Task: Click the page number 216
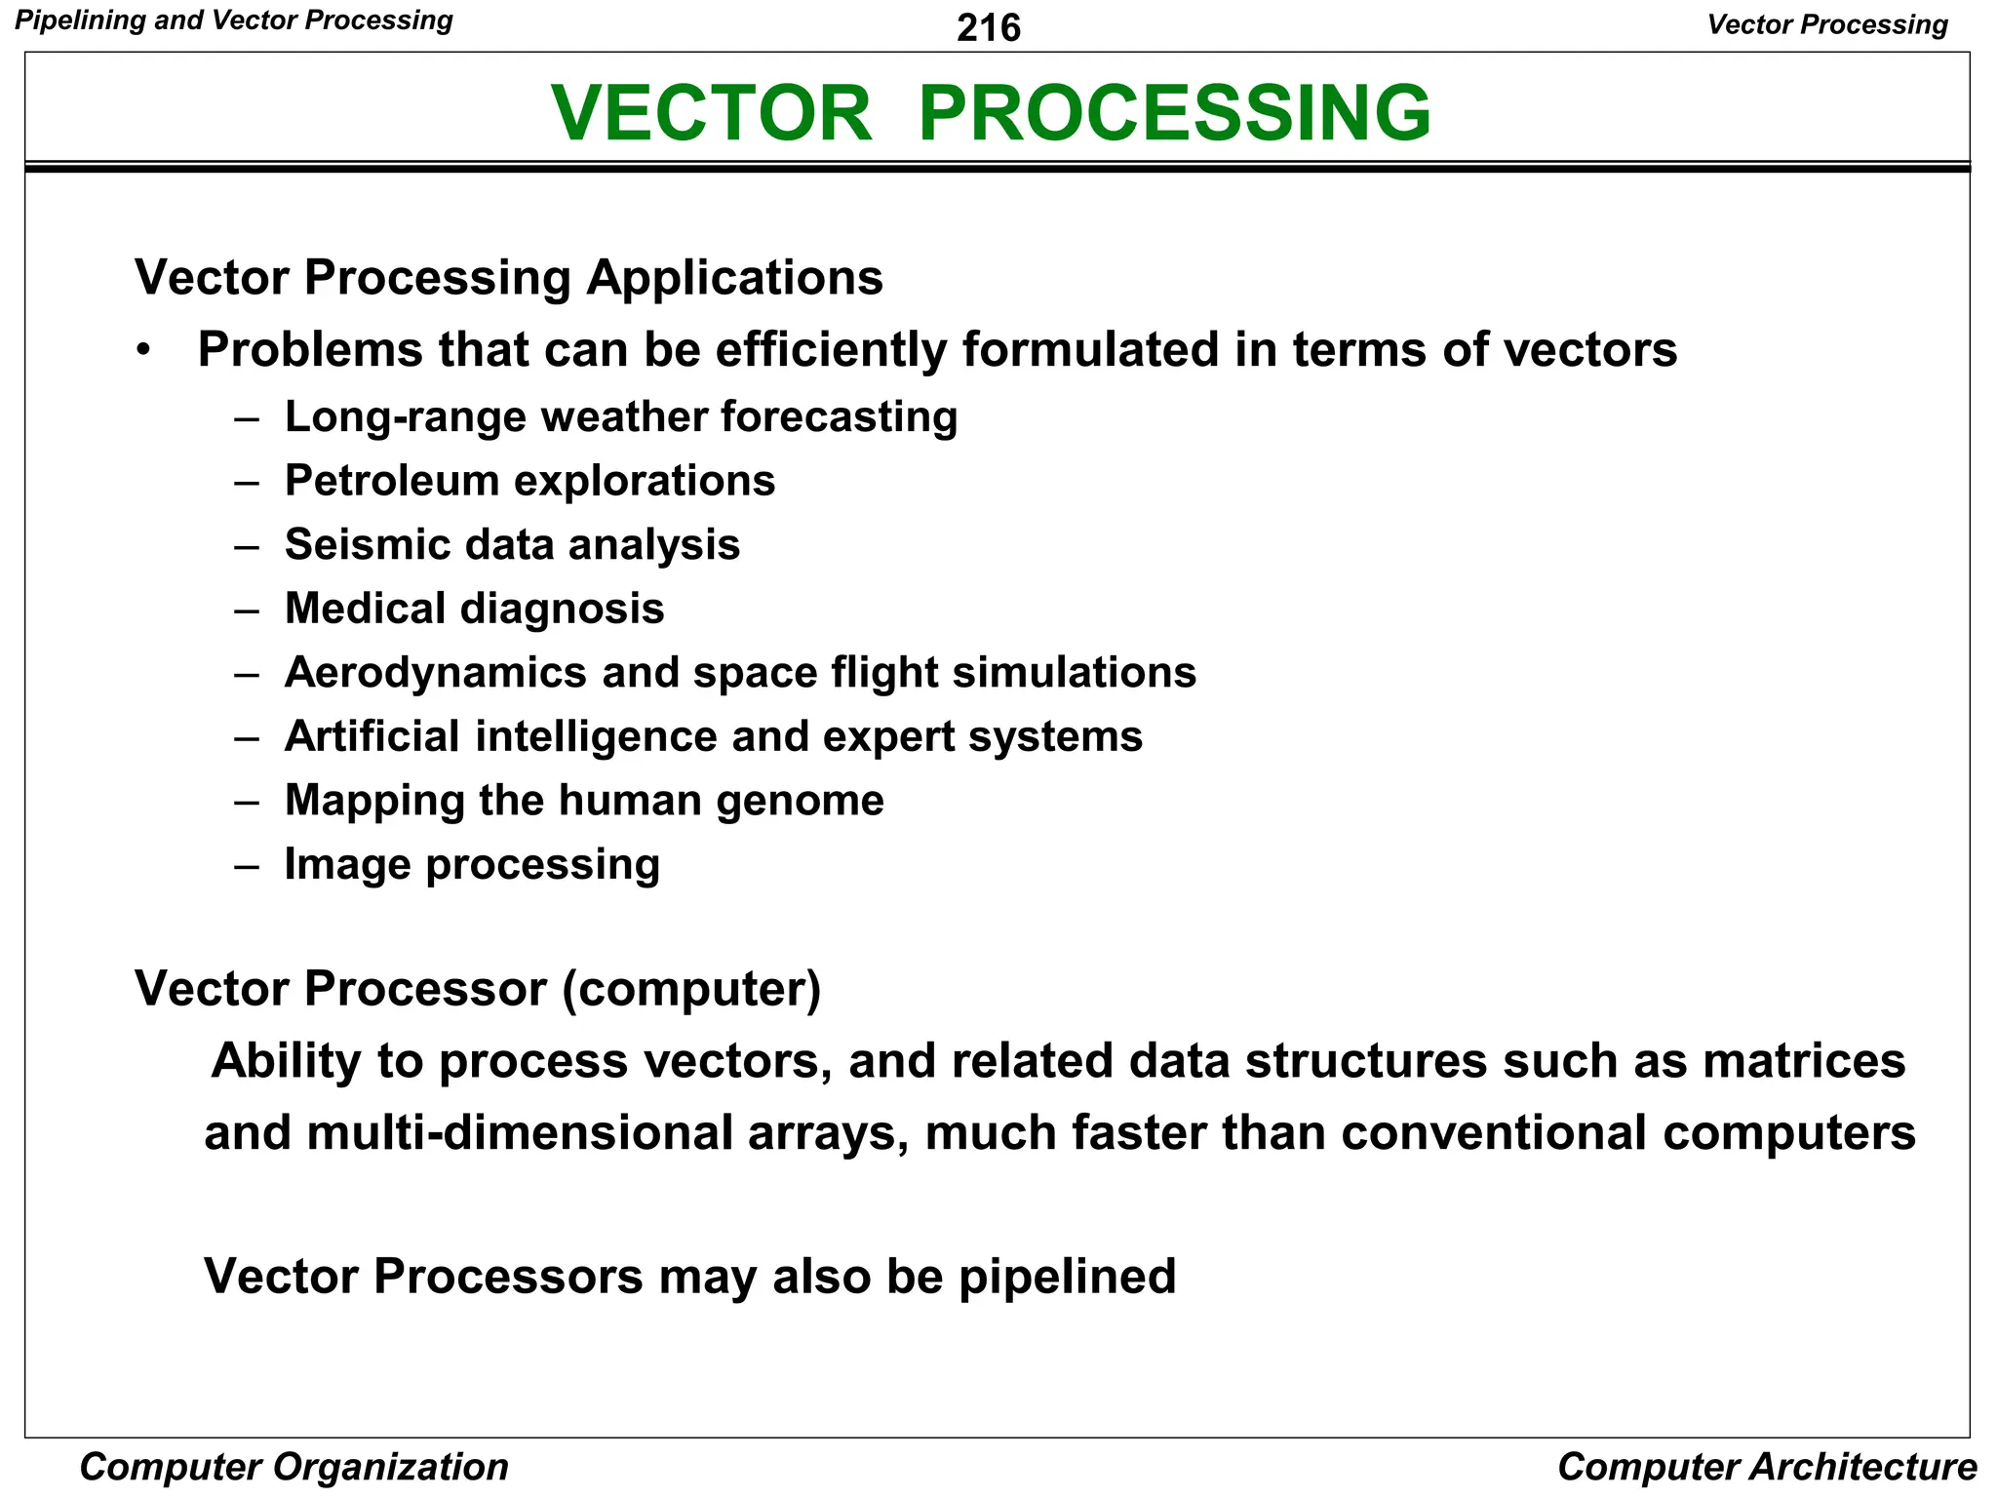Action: (988, 27)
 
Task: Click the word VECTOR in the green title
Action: (711, 113)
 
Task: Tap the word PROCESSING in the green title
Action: (1174, 113)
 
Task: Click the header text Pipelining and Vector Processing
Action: (234, 20)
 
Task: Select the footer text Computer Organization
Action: (294, 1466)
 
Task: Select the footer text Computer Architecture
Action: (1766, 1466)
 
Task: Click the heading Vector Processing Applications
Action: (508, 278)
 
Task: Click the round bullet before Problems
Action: (144, 350)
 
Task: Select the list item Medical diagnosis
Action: (474, 609)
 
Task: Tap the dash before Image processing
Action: (247, 865)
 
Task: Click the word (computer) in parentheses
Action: (691, 989)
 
